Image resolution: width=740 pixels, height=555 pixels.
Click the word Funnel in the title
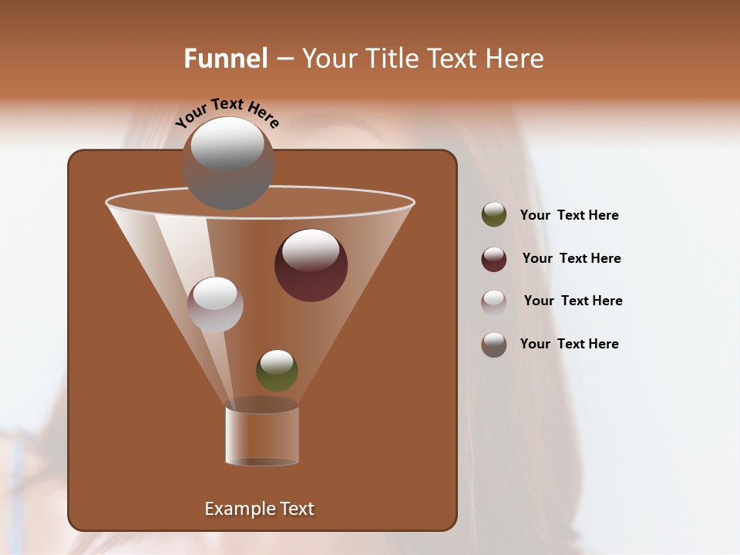tap(226, 59)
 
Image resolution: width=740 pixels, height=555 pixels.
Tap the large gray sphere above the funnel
tap(228, 163)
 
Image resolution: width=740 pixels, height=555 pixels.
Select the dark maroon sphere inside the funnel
tap(311, 266)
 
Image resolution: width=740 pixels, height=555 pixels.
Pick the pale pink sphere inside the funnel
tap(215, 304)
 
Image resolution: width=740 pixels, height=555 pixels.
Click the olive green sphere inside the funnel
tap(277, 371)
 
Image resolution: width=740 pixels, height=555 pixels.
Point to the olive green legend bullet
tap(494, 215)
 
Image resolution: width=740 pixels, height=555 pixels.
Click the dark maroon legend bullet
tap(494, 259)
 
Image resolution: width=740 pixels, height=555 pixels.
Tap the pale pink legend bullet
tap(494, 301)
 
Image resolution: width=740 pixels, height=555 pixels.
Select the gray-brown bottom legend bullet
tap(494, 345)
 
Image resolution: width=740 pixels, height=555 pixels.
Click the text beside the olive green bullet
tap(569, 216)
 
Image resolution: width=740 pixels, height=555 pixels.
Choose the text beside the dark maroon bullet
tap(571, 259)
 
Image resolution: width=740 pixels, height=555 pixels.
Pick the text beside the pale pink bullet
tap(573, 301)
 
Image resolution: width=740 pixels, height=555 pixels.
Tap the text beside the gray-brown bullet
tap(569, 345)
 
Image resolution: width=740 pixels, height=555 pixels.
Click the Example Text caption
tap(259, 509)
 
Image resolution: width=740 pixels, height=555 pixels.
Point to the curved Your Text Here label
tap(227, 113)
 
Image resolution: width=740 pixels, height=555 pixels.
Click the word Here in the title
tap(515, 59)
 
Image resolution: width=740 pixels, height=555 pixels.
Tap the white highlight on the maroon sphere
tap(311, 250)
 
